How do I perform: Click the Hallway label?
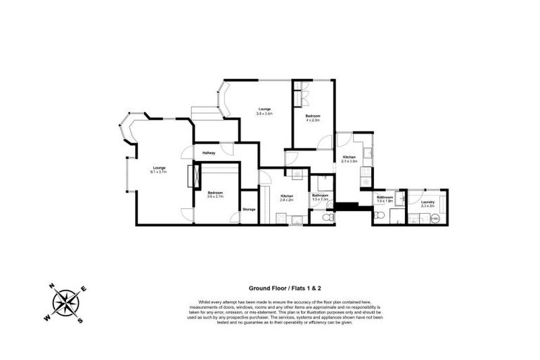coord(209,153)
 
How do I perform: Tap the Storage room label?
coord(249,210)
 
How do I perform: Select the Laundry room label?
coord(427,202)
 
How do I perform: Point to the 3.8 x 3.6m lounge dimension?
coord(264,112)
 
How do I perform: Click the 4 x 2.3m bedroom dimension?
coord(313,120)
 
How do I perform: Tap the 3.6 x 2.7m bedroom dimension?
coord(215,197)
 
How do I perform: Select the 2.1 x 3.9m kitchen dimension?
coord(349,161)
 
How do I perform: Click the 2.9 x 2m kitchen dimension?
coord(287,200)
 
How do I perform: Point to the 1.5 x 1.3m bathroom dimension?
coord(321,200)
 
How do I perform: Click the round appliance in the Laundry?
coord(435,218)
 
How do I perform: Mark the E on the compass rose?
coord(84,289)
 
